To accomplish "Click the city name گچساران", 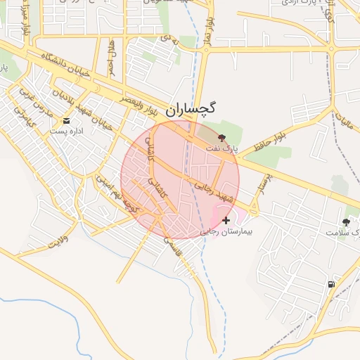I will click(x=192, y=110).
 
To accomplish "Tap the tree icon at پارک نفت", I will click(x=223, y=138).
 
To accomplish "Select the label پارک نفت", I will click(x=226, y=148).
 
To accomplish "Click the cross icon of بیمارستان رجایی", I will click(x=226, y=221).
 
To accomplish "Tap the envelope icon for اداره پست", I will click(x=66, y=121).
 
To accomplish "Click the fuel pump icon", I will click(x=330, y=284).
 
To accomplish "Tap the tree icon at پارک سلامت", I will click(x=345, y=221).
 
